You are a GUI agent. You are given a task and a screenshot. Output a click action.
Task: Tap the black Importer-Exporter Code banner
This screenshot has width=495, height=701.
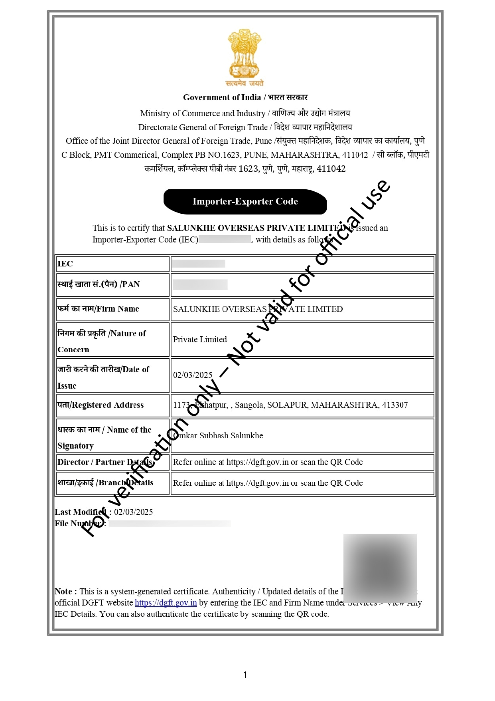245,201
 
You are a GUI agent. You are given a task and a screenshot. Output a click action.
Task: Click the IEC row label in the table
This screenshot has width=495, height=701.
65,264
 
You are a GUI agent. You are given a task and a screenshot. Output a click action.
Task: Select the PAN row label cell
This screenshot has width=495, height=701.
99,284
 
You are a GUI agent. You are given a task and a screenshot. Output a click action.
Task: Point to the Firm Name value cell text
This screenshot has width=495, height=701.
258,309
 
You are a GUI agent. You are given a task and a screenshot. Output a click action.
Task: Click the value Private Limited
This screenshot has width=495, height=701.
200,340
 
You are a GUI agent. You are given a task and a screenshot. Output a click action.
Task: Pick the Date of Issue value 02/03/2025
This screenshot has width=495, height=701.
193,375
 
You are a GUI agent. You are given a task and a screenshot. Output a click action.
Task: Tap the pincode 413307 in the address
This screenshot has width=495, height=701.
395,405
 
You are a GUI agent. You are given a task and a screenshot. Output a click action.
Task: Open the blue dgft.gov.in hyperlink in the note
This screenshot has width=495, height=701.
166,603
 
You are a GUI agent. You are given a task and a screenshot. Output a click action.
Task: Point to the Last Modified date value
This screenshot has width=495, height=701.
133,512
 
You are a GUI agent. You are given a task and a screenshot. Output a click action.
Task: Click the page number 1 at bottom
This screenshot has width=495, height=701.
245,675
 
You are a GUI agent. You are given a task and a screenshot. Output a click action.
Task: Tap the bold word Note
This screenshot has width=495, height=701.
63,592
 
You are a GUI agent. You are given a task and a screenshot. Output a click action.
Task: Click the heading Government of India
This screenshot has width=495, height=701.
222,97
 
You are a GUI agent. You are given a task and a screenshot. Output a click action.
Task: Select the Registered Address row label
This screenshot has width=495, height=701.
101,405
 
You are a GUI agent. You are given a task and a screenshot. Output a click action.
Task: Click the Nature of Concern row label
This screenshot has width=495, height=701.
102,341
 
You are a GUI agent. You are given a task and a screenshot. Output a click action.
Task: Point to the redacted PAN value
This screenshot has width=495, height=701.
200,284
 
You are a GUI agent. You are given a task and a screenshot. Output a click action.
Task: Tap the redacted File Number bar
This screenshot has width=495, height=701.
170,523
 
